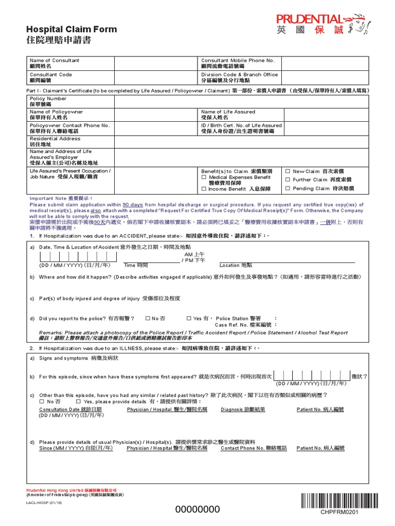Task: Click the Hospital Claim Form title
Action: pos(71,29)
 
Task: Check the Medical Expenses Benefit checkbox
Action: pos(204,177)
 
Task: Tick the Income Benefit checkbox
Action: pos(204,189)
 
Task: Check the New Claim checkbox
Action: pos(288,171)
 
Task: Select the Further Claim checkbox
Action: pos(288,180)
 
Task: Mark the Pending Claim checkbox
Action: pos(288,189)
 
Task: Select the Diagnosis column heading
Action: pos(243,409)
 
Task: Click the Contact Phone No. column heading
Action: pos(254,448)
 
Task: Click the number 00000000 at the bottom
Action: pos(198,509)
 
